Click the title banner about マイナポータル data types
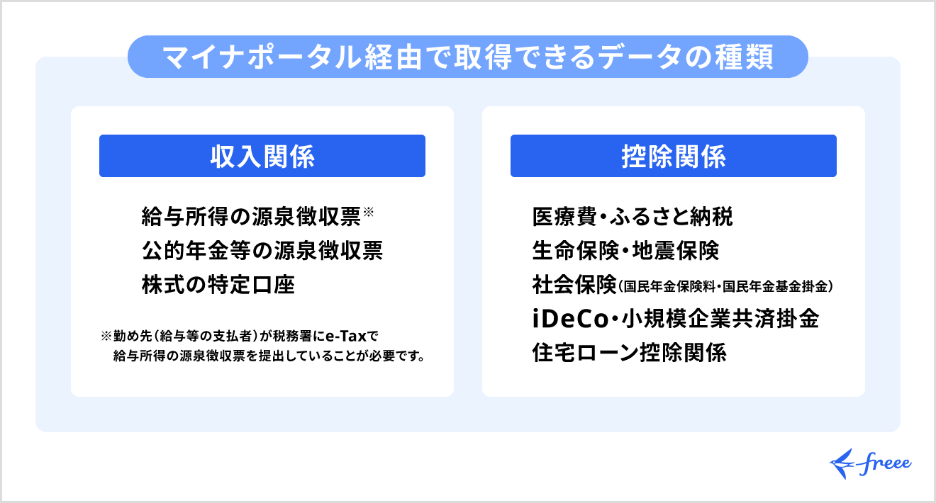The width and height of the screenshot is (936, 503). [467, 57]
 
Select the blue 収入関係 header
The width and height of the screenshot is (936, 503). [262, 156]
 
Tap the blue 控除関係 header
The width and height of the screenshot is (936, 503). [673, 156]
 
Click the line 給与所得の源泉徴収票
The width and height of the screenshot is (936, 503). [251, 217]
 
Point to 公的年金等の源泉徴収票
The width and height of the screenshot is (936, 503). [262, 251]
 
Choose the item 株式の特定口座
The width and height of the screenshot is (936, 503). [218, 285]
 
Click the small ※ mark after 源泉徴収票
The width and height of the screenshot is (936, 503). [368, 212]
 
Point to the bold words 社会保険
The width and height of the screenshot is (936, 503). [573, 285]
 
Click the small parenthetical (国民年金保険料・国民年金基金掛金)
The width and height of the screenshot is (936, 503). [725, 287]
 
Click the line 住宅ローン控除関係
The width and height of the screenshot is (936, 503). [630, 353]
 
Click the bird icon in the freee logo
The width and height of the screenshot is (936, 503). [843, 461]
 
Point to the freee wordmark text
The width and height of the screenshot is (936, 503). [886, 463]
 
